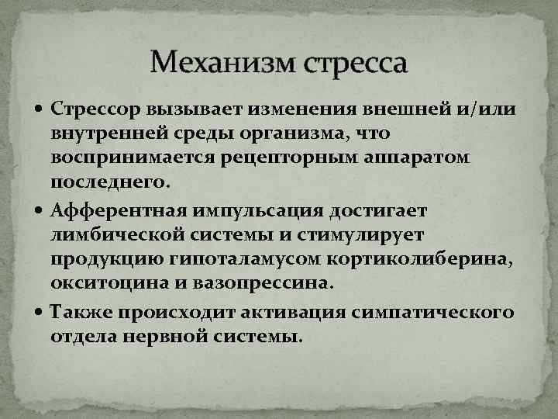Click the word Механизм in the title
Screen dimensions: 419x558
[218, 61]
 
